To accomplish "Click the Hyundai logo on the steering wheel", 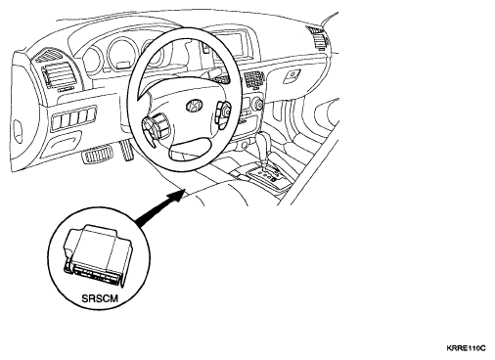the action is (x=194, y=106).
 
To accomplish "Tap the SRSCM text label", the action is (x=100, y=298).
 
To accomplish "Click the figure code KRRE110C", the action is (x=466, y=348).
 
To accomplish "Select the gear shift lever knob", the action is (x=263, y=141).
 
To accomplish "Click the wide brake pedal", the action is (x=97, y=155).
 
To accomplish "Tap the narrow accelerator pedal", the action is (x=127, y=150).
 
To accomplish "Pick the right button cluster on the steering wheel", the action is (x=223, y=112).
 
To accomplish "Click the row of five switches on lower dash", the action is (x=74, y=117).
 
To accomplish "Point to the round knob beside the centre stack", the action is (x=257, y=104).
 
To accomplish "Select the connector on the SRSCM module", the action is (x=94, y=271).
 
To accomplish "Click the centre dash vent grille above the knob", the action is (x=254, y=79).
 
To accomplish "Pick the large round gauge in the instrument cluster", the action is (x=120, y=54).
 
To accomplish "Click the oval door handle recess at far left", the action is (x=19, y=131).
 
